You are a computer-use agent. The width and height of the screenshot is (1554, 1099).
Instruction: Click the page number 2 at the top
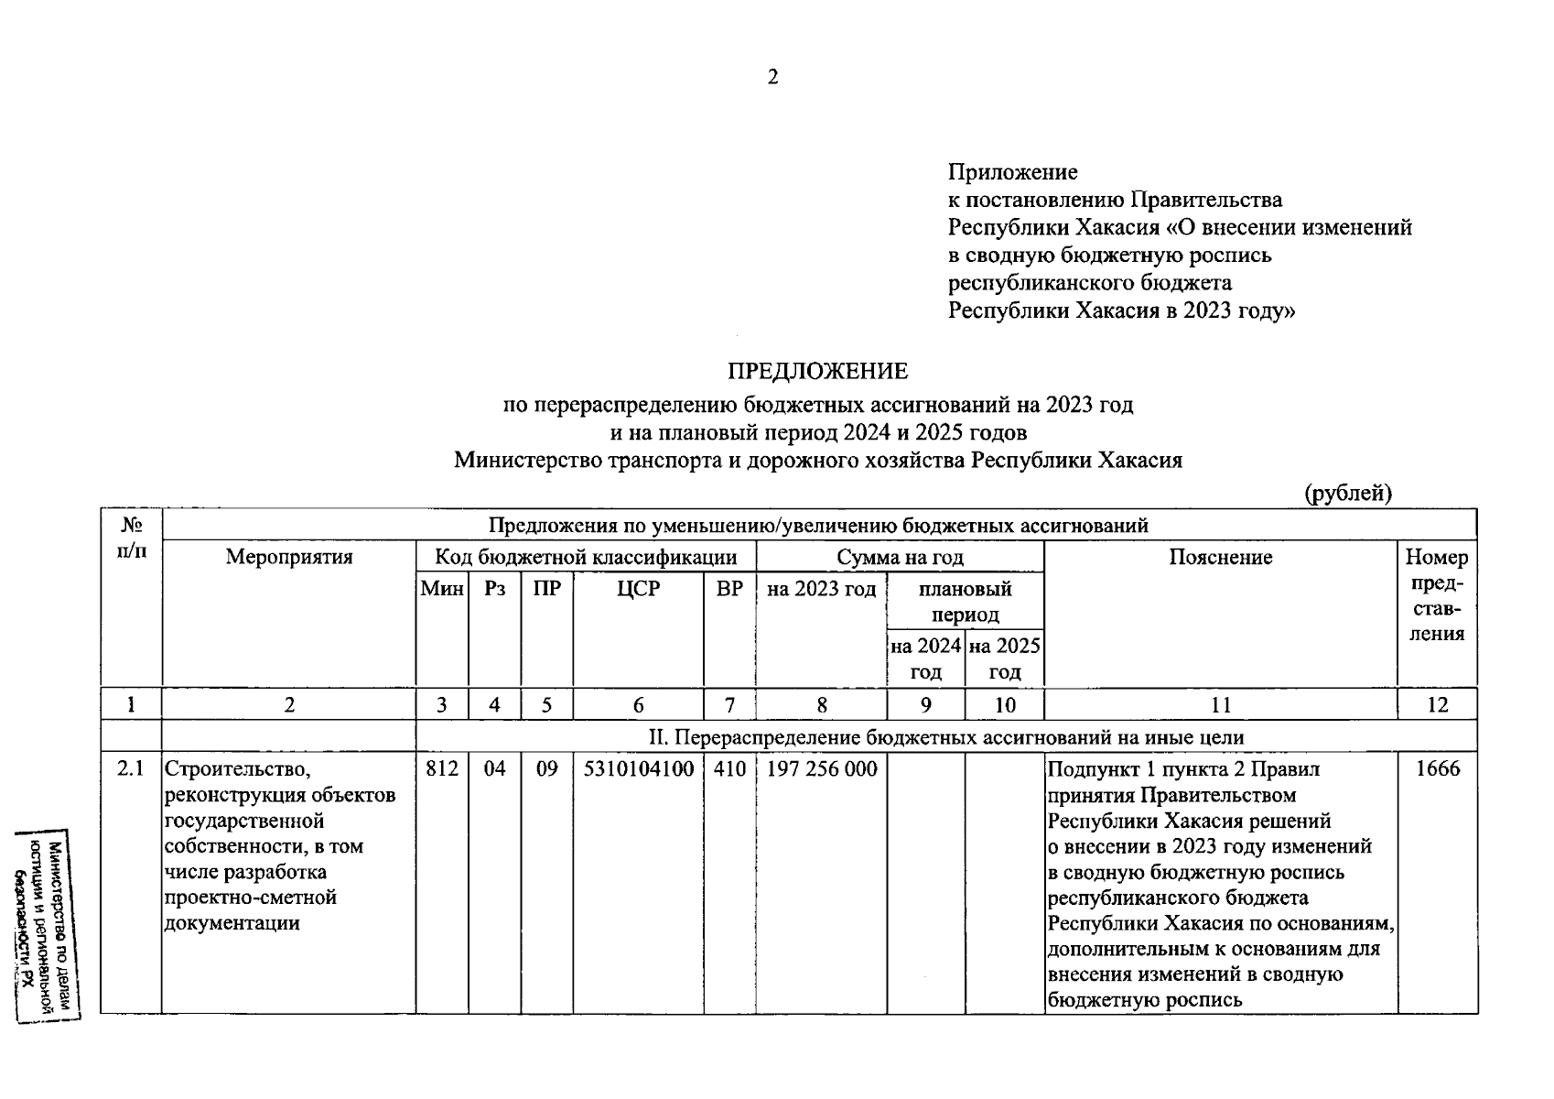point(772,78)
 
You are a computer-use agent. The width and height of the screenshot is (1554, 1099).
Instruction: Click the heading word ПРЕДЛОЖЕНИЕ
point(817,371)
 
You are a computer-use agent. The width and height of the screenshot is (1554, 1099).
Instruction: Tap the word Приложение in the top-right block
point(1012,172)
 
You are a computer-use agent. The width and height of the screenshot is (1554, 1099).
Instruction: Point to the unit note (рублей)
point(1347,494)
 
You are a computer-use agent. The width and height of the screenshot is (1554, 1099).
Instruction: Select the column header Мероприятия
point(289,557)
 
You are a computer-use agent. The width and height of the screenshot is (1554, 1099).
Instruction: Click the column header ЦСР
point(638,589)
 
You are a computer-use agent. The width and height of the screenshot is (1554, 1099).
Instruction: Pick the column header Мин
point(442,589)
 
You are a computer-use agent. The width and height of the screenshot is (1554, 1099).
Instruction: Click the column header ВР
point(729,589)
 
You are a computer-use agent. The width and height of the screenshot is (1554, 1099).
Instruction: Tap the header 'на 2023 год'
point(821,589)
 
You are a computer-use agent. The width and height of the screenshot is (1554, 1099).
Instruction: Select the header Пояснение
point(1220,557)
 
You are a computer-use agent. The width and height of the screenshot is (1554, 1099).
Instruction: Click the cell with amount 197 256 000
point(821,769)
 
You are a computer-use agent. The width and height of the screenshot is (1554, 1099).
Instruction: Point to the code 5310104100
point(638,769)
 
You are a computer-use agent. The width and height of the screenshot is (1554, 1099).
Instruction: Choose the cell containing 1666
point(1437,769)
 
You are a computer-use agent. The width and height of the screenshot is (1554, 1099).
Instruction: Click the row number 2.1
point(131,769)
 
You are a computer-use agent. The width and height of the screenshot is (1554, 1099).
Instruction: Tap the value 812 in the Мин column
point(442,769)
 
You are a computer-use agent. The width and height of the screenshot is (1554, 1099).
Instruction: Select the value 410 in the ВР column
point(729,769)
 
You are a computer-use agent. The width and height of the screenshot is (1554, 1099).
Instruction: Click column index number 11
point(1220,704)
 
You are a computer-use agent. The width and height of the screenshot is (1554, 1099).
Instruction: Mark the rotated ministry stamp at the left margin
point(46,925)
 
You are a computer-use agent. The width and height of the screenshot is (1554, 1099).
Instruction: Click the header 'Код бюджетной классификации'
point(586,557)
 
